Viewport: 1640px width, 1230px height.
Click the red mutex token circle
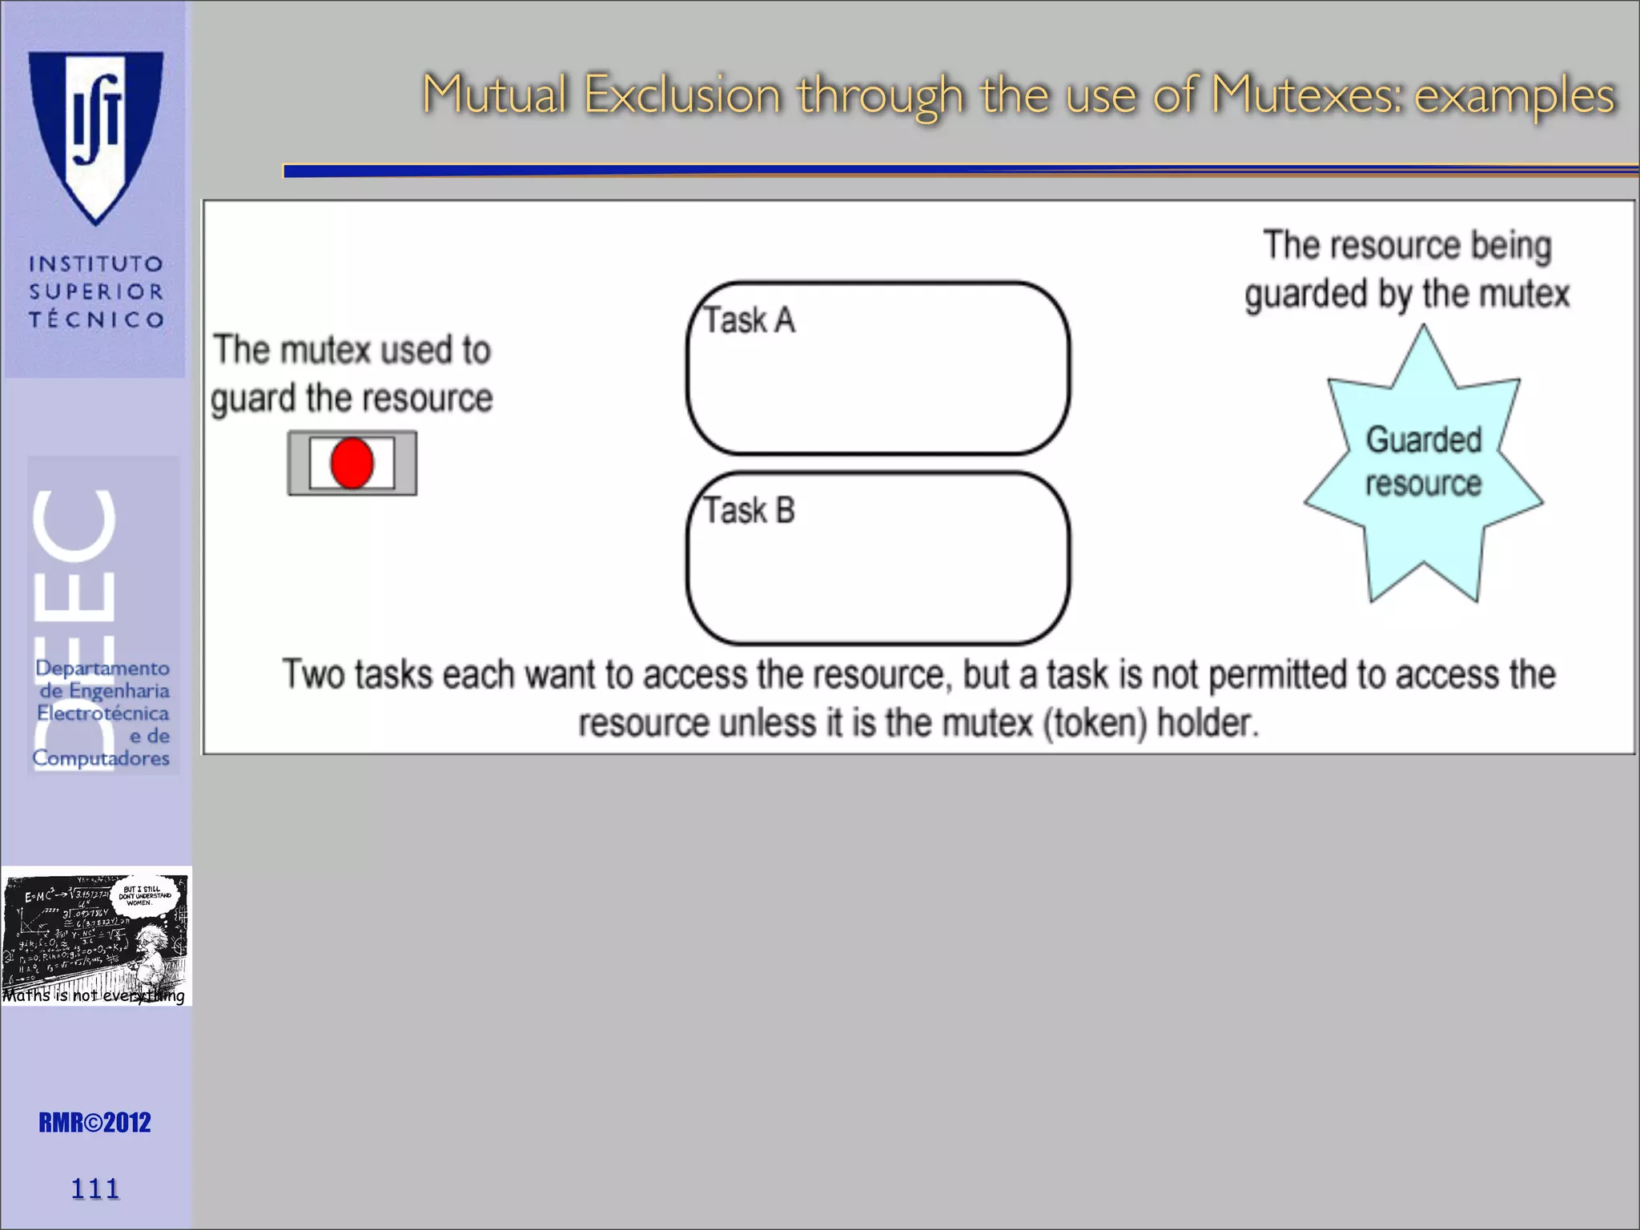352,463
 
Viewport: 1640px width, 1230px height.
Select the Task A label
749,320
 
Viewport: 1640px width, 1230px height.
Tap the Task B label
749,510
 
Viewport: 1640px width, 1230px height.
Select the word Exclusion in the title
681,94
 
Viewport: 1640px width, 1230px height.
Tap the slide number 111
95,1188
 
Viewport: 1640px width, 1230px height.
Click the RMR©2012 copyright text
94,1123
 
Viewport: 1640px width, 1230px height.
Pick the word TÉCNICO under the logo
96,320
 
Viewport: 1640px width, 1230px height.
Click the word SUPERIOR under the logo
96,291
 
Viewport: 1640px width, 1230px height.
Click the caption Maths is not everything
94,995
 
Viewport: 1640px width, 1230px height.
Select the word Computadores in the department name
101,758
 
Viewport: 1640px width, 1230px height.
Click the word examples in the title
1514,94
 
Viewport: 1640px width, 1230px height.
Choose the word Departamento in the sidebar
102,668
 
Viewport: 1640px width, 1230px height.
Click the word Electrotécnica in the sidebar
102,713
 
